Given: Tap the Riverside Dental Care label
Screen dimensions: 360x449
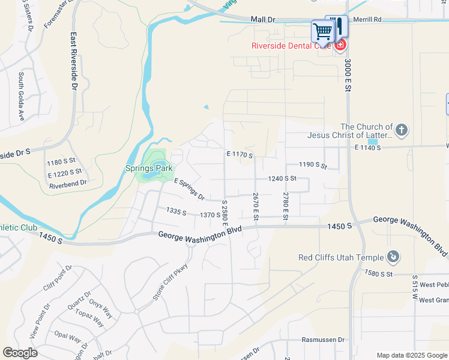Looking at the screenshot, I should coord(291,45).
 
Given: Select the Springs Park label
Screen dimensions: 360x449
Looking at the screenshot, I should coord(148,169).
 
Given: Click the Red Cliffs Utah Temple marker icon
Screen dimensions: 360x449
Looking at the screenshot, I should coord(393,257).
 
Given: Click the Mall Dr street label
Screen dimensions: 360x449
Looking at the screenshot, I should coord(262,20).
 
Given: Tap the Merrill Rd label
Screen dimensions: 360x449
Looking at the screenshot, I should coord(368,20).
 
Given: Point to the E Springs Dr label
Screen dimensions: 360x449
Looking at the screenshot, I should coord(190,189).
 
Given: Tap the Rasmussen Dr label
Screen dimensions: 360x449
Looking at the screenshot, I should coord(324,340).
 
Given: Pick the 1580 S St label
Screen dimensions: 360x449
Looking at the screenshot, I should coord(378,274).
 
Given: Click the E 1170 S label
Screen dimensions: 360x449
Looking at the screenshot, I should coord(240,155).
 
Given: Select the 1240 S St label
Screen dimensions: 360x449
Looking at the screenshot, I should coord(282,178).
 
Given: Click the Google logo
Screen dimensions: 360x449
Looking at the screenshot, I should coord(20,353).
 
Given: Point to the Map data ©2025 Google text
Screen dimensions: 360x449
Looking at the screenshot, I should coord(411,355).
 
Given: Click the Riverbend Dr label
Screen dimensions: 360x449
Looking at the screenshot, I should coord(68,182).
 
